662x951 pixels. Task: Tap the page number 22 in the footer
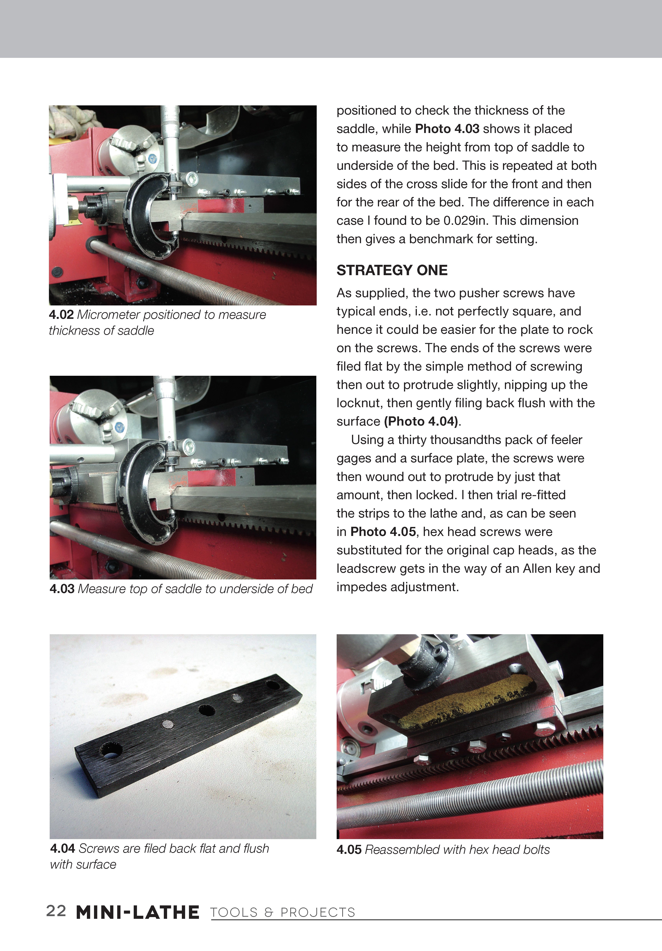(56, 911)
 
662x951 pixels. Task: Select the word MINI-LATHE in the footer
(138, 912)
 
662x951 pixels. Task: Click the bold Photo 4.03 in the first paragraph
(447, 129)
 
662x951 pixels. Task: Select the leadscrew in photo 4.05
(468, 793)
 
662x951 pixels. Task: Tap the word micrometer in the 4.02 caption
(109, 315)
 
